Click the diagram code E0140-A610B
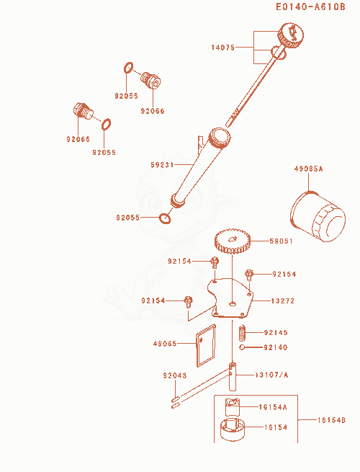pos(310,6)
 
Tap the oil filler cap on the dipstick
pos(291,35)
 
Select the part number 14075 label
pos(223,48)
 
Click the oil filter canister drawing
pos(318,217)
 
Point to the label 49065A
pos(308,169)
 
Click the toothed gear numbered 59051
pos(233,241)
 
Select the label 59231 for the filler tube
pos(163,164)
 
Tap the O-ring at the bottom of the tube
pos(164,218)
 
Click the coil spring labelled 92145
pos(243,333)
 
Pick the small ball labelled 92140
pos(242,347)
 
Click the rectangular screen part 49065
pos(207,346)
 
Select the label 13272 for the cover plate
pos(283,300)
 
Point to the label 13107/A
pos(271,375)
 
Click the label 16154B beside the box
pos(332,420)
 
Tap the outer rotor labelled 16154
pos(233,429)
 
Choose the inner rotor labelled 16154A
pos(233,407)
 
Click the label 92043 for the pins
pos(175,375)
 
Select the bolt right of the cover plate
pos(249,275)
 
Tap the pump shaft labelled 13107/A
pos(233,376)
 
